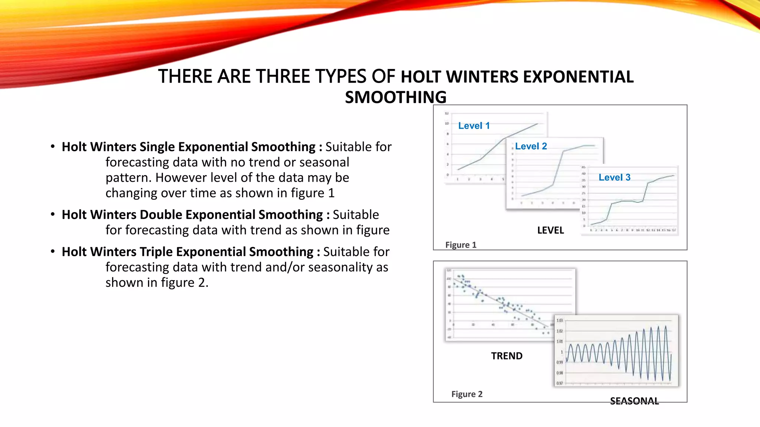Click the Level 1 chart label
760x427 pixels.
coord(474,126)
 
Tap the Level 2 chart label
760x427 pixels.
coord(531,146)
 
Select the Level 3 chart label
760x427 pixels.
coord(615,177)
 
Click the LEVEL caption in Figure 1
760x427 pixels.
coord(550,230)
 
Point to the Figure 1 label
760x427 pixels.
coord(461,245)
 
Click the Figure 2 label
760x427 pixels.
coord(467,394)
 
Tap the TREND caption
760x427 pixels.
coord(507,356)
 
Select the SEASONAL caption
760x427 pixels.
coord(634,401)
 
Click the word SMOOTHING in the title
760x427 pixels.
coord(396,97)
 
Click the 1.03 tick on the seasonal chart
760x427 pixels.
coord(560,320)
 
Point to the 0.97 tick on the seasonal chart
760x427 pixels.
coord(560,383)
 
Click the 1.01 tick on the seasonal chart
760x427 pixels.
coord(560,341)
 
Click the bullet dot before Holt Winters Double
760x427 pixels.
coord(53,214)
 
